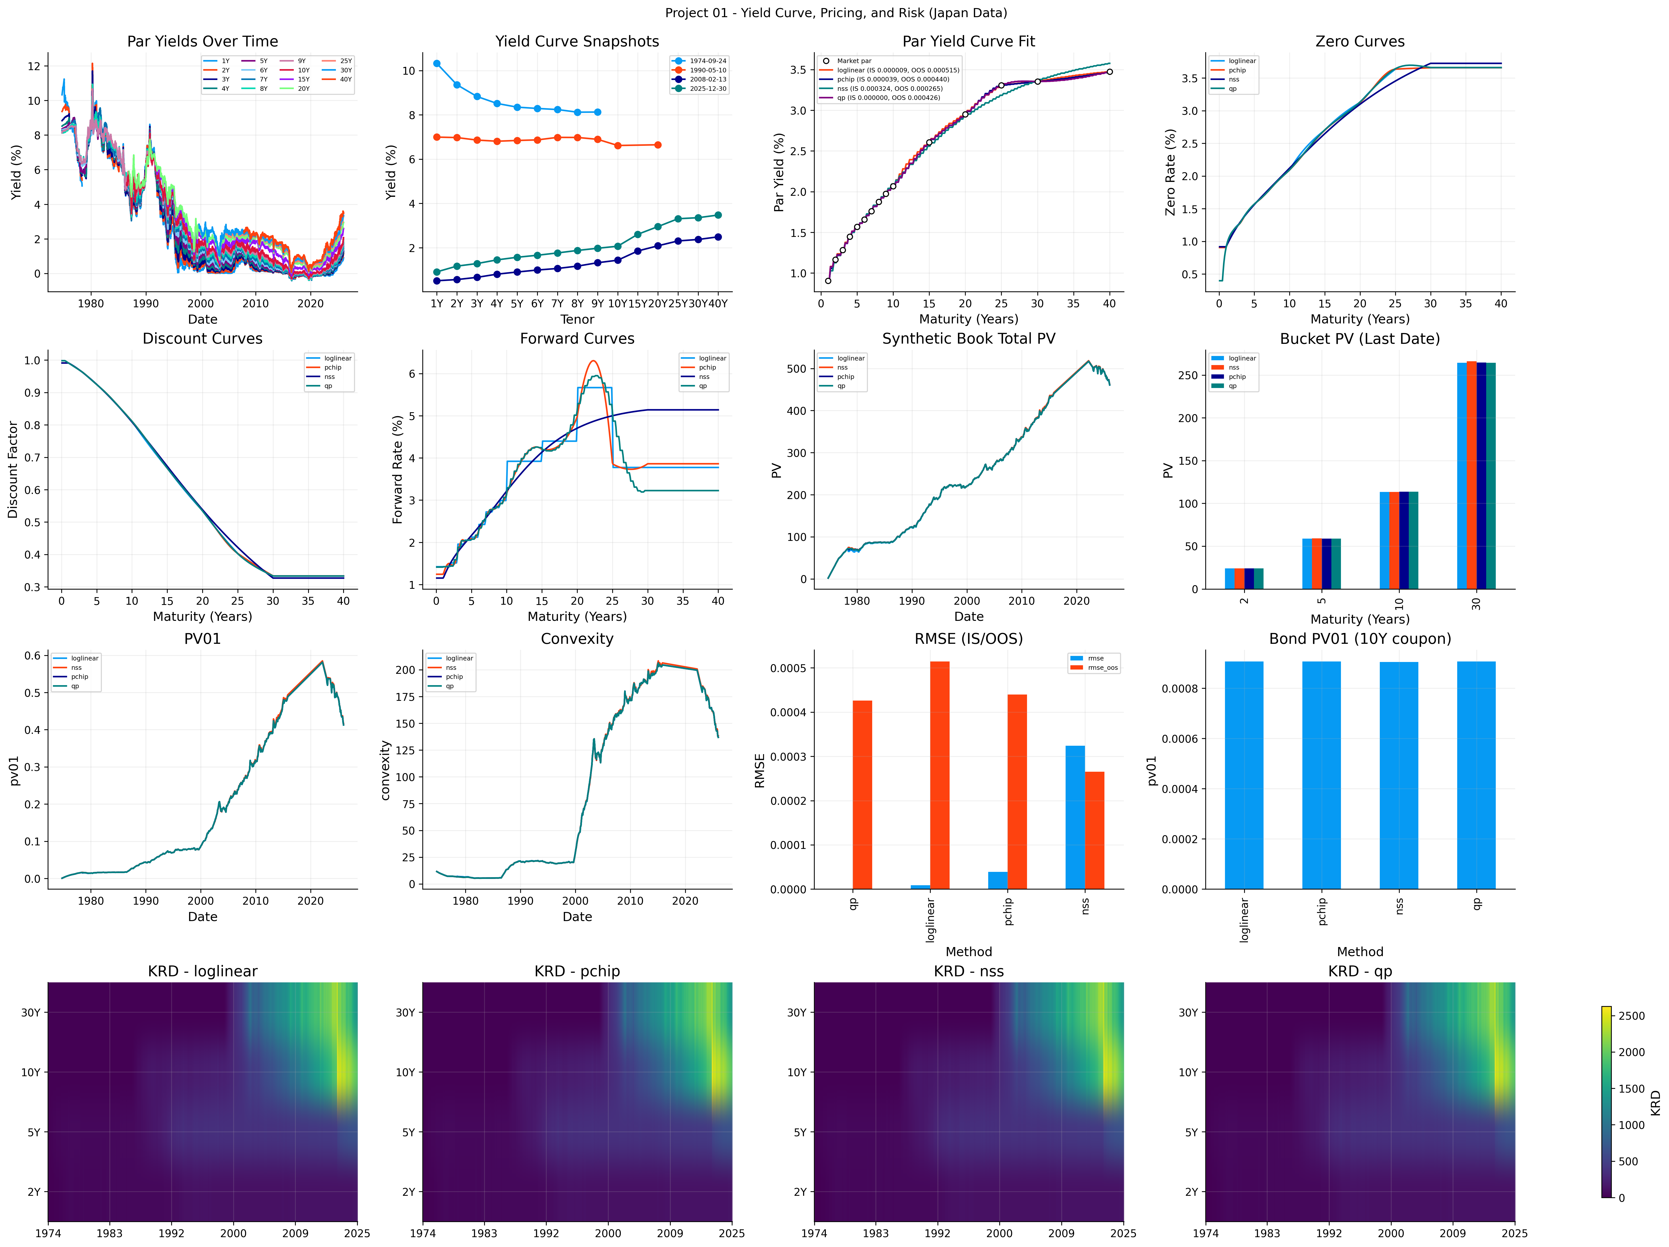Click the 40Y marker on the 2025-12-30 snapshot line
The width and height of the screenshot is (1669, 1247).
(718, 215)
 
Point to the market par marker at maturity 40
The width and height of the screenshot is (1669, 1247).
(1109, 72)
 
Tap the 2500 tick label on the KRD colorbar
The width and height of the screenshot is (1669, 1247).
(1631, 1016)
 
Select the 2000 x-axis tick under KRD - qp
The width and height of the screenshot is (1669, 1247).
(1391, 1233)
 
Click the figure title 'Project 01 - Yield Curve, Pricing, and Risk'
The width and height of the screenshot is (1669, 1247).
(835, 13)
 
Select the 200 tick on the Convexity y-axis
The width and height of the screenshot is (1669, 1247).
(405, 670)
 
